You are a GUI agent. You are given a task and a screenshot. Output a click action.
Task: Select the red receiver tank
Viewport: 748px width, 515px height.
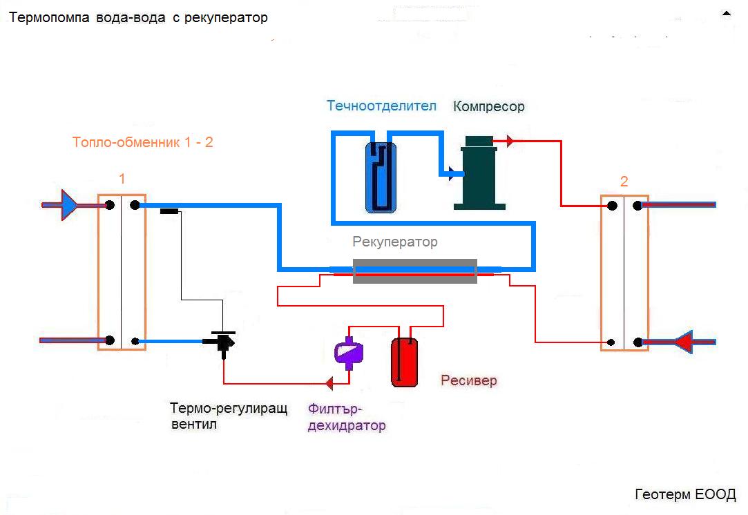pyautogui.click(x=404, y=362)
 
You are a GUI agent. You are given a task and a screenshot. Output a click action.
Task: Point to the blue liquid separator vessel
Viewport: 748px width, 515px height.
pyautogui.click(x=380, y=177)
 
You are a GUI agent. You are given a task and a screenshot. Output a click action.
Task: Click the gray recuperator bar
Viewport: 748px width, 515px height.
pyautogui.click(x=414, y=271)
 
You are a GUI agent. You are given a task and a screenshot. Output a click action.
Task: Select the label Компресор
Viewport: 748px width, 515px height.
pyautogui.click(x=488, y=106)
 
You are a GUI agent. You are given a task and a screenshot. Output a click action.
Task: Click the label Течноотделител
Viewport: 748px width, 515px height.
pyautogui.click(x=382, y=106)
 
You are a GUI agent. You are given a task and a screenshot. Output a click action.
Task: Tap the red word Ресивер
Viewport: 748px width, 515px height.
pyautogui.click(x=468, y=380)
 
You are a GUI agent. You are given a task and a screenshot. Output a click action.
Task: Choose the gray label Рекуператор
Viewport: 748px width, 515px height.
pyautogui.click(x=394, y=242)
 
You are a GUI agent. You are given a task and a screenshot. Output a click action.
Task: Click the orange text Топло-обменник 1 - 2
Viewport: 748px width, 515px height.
pyautogui.click(x=142, y=143)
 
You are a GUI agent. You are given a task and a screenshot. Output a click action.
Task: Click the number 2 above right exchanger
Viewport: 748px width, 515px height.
pyautogui.click(x=624, y=182)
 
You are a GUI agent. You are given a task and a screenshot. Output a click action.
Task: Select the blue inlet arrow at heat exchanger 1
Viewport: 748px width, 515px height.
pyautogui.click(x=69, y=205)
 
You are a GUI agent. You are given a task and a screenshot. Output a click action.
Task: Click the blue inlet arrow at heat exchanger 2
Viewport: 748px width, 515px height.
pyautogui.click(x=683, y=342)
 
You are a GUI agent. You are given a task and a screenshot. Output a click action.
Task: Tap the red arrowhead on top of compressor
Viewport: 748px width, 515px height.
pyautogui.click(x=510, y=141)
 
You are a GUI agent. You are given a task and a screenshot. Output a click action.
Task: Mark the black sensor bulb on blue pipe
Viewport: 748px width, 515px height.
pyautogui.click(x=169, y=211)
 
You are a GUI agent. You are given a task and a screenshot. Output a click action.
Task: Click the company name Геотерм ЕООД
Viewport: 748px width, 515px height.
pyautogui.click(x=685, y=494)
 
